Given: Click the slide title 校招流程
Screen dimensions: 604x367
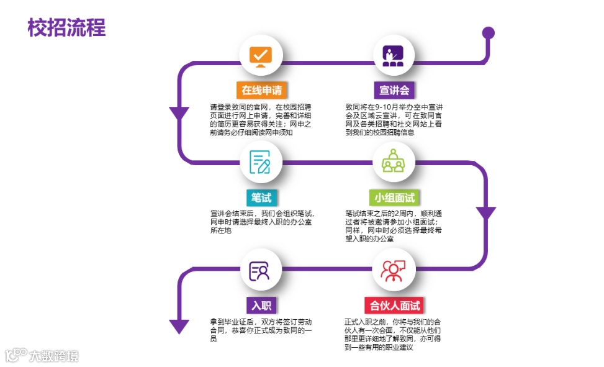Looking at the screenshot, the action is [66, 28].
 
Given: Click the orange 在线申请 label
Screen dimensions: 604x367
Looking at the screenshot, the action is [261, 90].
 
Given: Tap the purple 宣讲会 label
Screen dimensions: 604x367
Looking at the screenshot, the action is [394, 90].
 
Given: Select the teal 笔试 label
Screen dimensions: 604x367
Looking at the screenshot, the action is [261, 197].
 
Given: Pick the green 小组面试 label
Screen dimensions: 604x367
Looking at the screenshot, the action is [394, 197].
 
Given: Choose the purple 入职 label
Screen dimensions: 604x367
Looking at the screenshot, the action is [261, 305].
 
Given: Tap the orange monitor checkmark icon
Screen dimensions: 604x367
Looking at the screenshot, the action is [261, 55].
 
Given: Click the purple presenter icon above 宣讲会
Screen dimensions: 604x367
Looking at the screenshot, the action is [394, 55].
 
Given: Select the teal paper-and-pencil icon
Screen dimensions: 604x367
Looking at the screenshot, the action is [261, 163].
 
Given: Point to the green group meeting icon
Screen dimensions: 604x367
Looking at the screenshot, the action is [394, 163].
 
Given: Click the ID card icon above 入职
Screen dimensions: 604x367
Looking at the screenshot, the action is [261, 270].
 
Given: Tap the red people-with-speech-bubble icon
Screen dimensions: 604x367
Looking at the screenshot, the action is [394, 270].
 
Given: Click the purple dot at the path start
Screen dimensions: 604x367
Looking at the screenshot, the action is [489, 32].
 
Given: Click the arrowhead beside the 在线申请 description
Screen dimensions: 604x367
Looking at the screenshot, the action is [179, 114].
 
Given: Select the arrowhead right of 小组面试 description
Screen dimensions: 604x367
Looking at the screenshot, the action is [486, 213].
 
